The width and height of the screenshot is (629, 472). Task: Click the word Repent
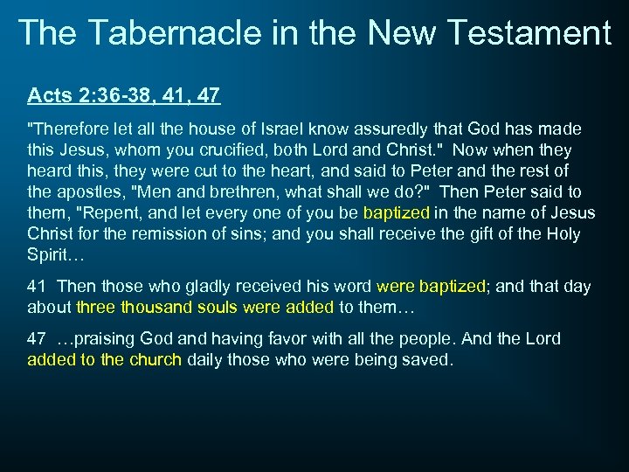pyautogui.click(x=104, y=213)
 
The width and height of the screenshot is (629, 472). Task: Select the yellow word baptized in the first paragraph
pyautogui.click(x=397, y=213)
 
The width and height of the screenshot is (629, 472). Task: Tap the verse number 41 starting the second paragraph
pyautogui.click(x=37, y=287)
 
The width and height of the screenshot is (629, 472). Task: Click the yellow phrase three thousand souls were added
pyautogui.click(x=205, y=308)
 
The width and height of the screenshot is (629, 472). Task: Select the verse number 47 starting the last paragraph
pyautogui.click(x=37, y=339)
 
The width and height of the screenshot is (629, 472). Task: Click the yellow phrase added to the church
pyautogui.click(x=104, y=360)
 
